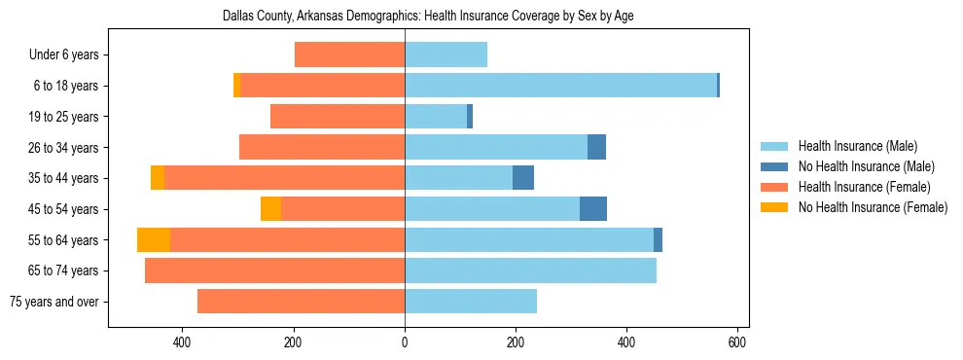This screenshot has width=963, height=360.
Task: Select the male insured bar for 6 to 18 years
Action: (x=560, y=86)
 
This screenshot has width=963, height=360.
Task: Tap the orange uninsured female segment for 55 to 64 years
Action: (x=154, y=240)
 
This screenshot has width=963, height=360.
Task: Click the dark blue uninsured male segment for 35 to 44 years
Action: (x=523, y=178)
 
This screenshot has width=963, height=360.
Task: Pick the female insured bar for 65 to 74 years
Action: (x=274, y=270)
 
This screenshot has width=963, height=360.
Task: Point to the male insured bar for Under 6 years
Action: (x=446, y=55)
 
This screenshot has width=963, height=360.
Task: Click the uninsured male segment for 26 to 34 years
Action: (x=596, y=147)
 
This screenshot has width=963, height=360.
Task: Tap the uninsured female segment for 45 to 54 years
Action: (x=270, y=209)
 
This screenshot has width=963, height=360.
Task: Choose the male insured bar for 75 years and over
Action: (x=471, y=302)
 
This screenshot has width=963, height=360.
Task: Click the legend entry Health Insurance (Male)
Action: (x=857, y=146)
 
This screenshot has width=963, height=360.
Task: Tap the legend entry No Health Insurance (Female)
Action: (x=873, y=207)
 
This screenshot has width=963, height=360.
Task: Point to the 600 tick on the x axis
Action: (x=737, y=342)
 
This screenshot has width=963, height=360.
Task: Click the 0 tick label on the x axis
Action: (x=405, y=342)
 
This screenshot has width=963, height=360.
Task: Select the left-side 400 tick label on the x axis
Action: (x=182, y=342)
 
